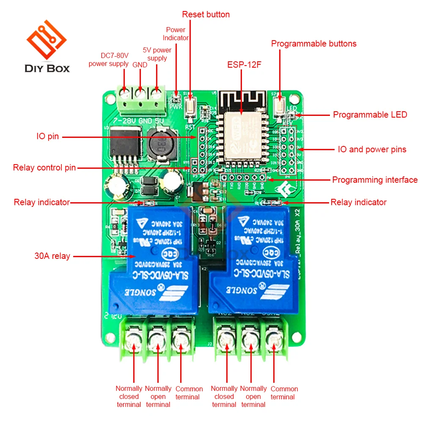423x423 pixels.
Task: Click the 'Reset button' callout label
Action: [206, 14]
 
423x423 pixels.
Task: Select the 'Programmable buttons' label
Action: [313, 44]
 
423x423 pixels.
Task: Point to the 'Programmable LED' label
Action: [370, 115]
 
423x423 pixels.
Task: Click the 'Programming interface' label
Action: [375, 180]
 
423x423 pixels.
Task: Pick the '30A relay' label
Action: [52, 256]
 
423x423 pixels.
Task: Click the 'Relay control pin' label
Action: [44, 168]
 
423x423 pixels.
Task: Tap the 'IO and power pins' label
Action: [372, 149]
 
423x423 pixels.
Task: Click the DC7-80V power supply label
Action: [108, 60]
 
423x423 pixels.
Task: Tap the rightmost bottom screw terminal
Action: [274, 338]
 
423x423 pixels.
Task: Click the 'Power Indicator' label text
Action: [176, 33]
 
